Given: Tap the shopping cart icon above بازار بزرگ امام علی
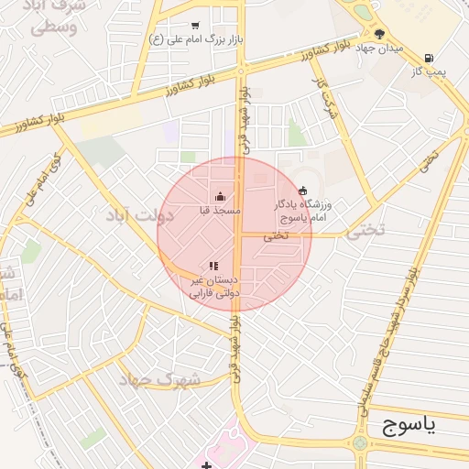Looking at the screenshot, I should click(194, 26).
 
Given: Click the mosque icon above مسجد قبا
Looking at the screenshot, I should click(220, 196).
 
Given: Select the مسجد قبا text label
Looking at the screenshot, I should click(220, 210).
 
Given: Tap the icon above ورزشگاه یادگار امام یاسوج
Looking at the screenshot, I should click(303, 191).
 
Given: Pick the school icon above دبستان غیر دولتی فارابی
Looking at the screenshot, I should click(214, 266).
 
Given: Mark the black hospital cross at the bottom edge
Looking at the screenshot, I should click(208, 465).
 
